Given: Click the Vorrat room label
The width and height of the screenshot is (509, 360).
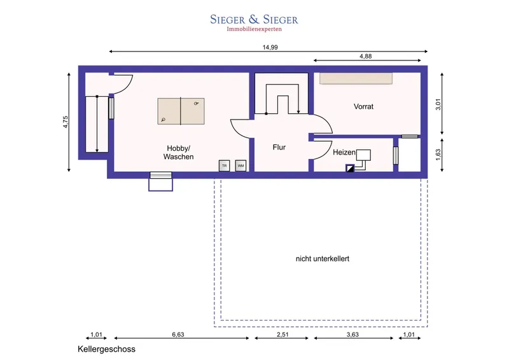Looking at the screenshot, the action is pyautogui.click(x=363, y=106).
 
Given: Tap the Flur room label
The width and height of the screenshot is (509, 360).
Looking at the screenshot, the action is pyautogui.click(x=279, y=148).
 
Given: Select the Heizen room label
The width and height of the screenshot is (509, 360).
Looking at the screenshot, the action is pyautogui.click(x=344, y=152).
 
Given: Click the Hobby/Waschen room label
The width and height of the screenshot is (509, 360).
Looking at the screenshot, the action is pyautogui.click(x=179, y=153).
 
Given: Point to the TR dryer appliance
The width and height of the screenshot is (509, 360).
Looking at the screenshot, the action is pyautogui.click(x=225, y=165).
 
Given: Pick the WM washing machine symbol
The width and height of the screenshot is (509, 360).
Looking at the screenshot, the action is pyautogui.click(x=241, y=165).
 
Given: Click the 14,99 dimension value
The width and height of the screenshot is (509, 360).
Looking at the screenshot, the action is pyautogui.click(x=270, y=48).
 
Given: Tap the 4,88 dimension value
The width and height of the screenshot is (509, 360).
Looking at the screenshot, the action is pyautogui.click(x=365, y=56).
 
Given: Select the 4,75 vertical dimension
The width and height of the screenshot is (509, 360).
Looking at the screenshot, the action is pyautogui.click(x=66, y=122).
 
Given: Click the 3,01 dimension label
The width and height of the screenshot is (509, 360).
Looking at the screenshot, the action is pyautogui.click(x=438, y=104).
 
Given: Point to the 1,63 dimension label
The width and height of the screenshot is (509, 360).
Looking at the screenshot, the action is pyautogui.click(x=438, y=155).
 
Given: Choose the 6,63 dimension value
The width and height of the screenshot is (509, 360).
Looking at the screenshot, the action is pyautogui.click(x=178, y=335).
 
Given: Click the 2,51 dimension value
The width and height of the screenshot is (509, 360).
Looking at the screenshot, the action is pyautogui.click(x=282, y=335).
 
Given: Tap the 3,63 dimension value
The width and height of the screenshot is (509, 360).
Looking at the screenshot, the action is pyautogui.click(x=352, y=335).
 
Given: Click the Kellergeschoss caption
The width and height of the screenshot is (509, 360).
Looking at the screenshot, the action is pyautogui.click(x=106, y=349).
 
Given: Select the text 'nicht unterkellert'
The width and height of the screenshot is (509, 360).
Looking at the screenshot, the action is pyautogui.click(x=323, y=259).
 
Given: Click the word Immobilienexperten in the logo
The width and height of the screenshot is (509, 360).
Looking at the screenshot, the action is pyautogui.click(x=254, y=29).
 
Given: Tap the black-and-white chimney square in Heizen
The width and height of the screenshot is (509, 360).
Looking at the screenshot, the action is pyautogui.click(x=350, y=169).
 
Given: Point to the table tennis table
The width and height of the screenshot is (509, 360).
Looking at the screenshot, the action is pyautogui.click(x=181, y=111).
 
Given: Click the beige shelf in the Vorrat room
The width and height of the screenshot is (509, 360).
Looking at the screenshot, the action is pyautogui.click(x=356, y=79).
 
